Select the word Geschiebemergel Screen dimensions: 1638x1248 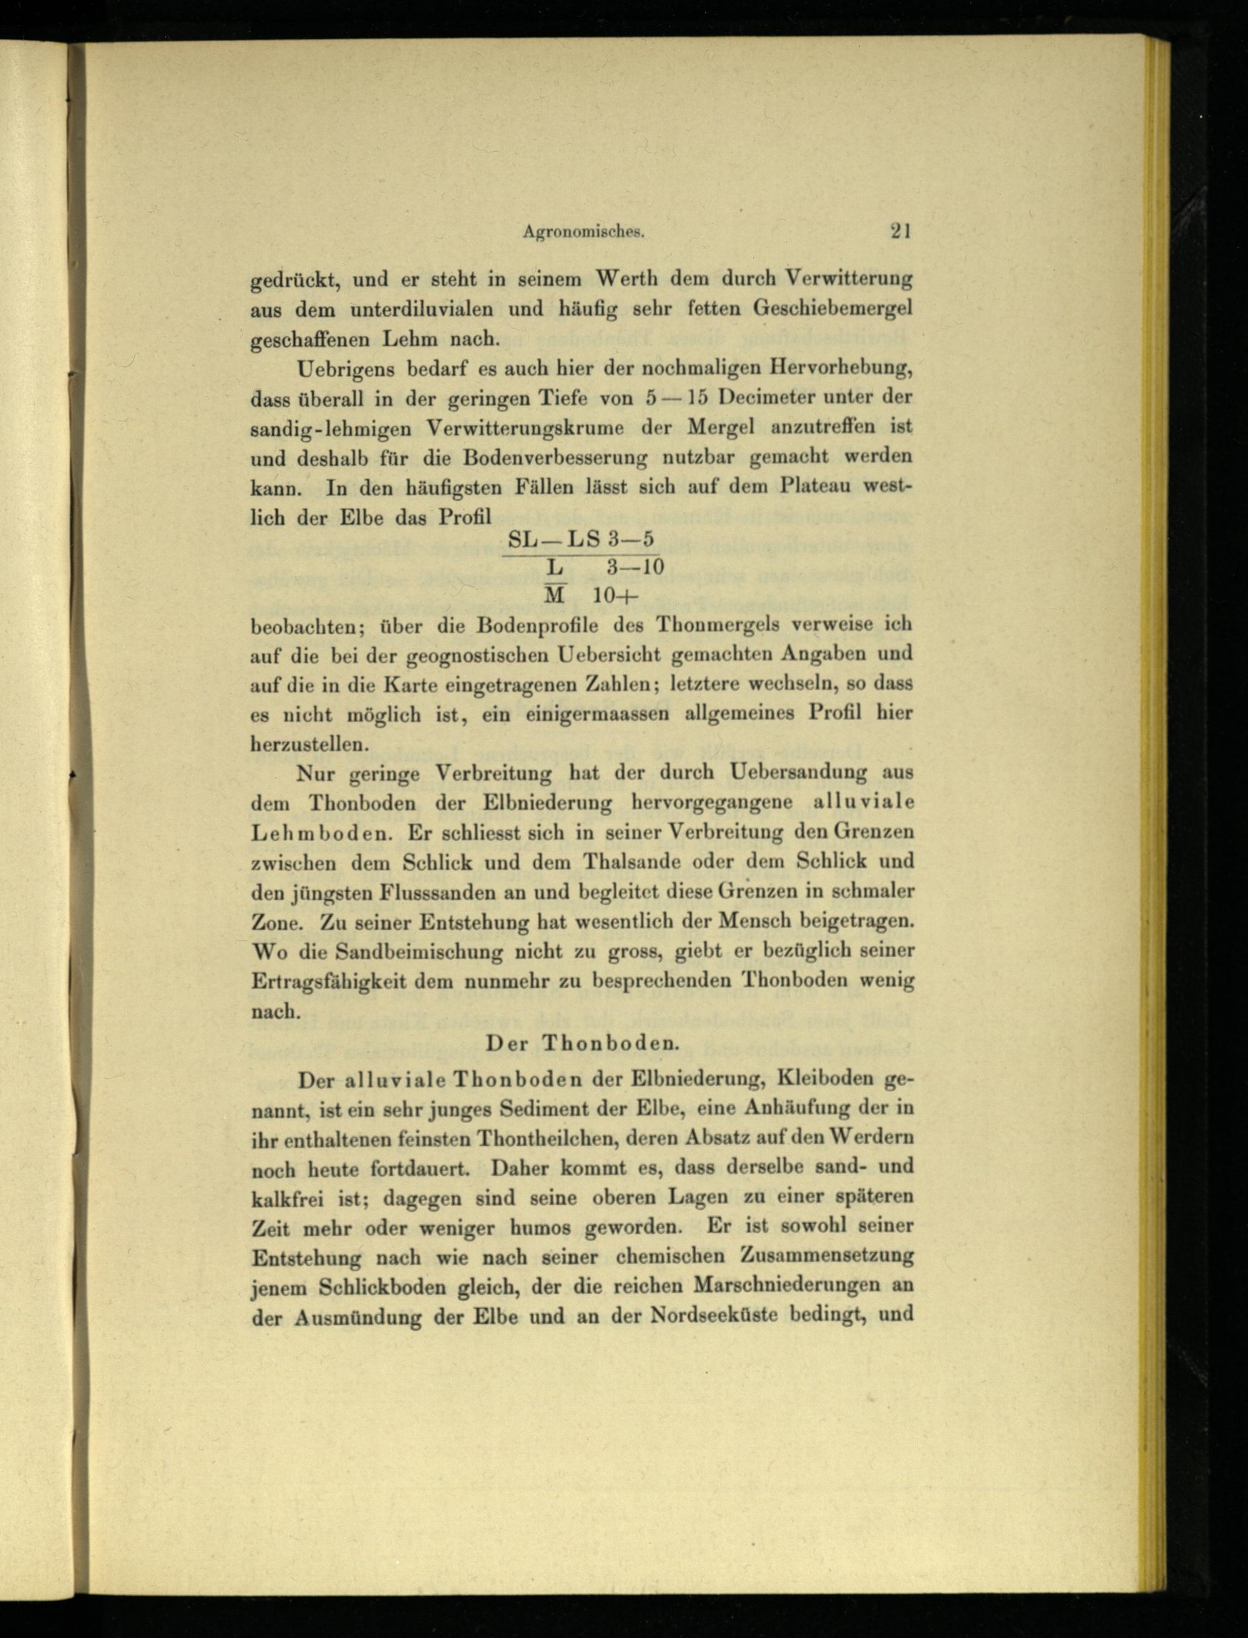coord(833,308)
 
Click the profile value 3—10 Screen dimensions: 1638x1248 coord(633,568)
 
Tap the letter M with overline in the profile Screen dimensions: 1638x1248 coord(555,596)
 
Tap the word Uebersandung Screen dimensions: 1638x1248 coord(798,773)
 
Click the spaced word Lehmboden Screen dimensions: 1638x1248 coord(320,833)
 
